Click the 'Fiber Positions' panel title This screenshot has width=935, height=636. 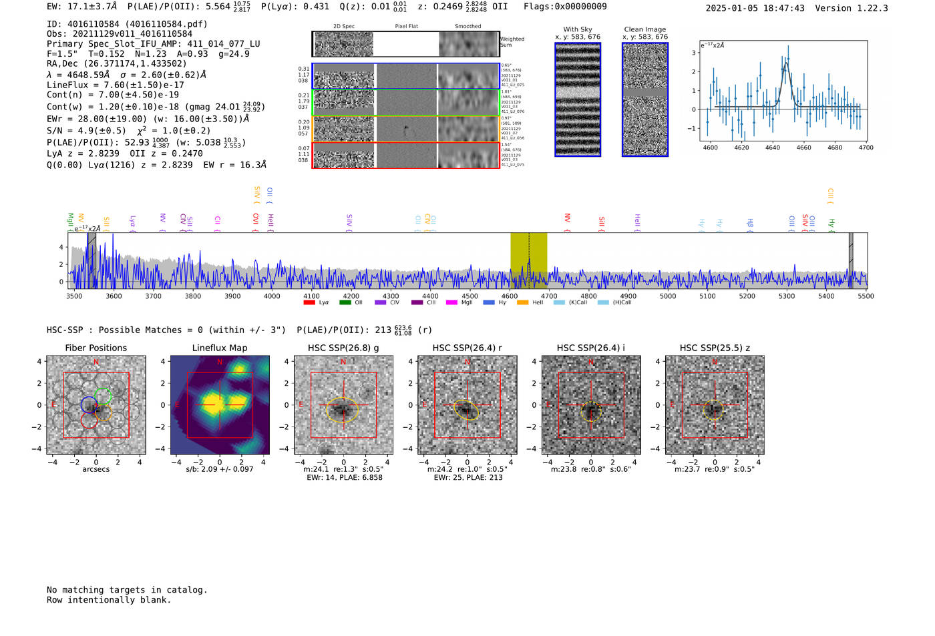(96, 348)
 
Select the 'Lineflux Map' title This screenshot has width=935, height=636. (220, 348)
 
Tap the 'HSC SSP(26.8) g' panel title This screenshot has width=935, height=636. (343, 348)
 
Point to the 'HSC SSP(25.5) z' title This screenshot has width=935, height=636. (715, 348)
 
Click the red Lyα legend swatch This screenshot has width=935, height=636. (309, 303)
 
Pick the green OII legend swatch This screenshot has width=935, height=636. (345, 303)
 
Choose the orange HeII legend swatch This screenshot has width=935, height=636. (522, 303)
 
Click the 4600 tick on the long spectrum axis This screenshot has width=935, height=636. (510, 296)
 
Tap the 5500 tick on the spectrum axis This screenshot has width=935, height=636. (866, 296)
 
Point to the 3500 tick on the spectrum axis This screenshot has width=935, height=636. (74, 296)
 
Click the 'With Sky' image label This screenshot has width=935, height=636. (578, 29)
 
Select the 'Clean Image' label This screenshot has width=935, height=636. (645, 29)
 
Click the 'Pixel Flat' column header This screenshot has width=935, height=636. (406, 27)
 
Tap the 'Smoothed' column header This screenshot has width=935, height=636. (467, 27)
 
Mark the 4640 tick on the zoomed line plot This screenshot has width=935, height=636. (773, 147)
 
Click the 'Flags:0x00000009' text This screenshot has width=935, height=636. (565, 7)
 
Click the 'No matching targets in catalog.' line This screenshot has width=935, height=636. (127, 590)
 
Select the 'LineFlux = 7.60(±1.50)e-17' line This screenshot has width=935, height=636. (116, 85)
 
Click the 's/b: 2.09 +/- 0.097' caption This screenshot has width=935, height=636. (220, 469)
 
